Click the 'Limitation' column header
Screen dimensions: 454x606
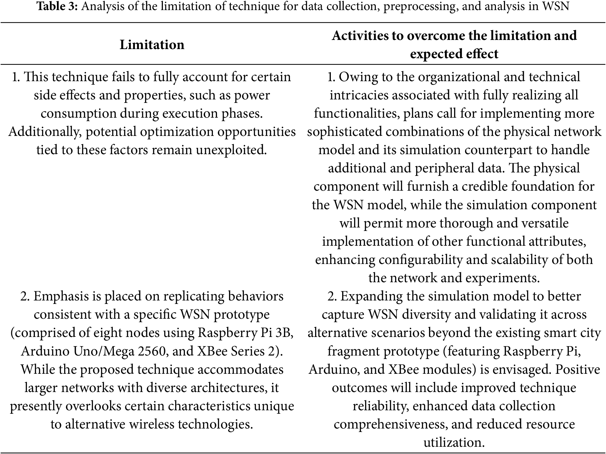(152, 45)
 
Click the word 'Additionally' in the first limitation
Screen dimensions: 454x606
(44, 132)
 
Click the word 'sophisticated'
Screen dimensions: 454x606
(345, 132)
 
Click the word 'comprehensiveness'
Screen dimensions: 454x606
(390, 424)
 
